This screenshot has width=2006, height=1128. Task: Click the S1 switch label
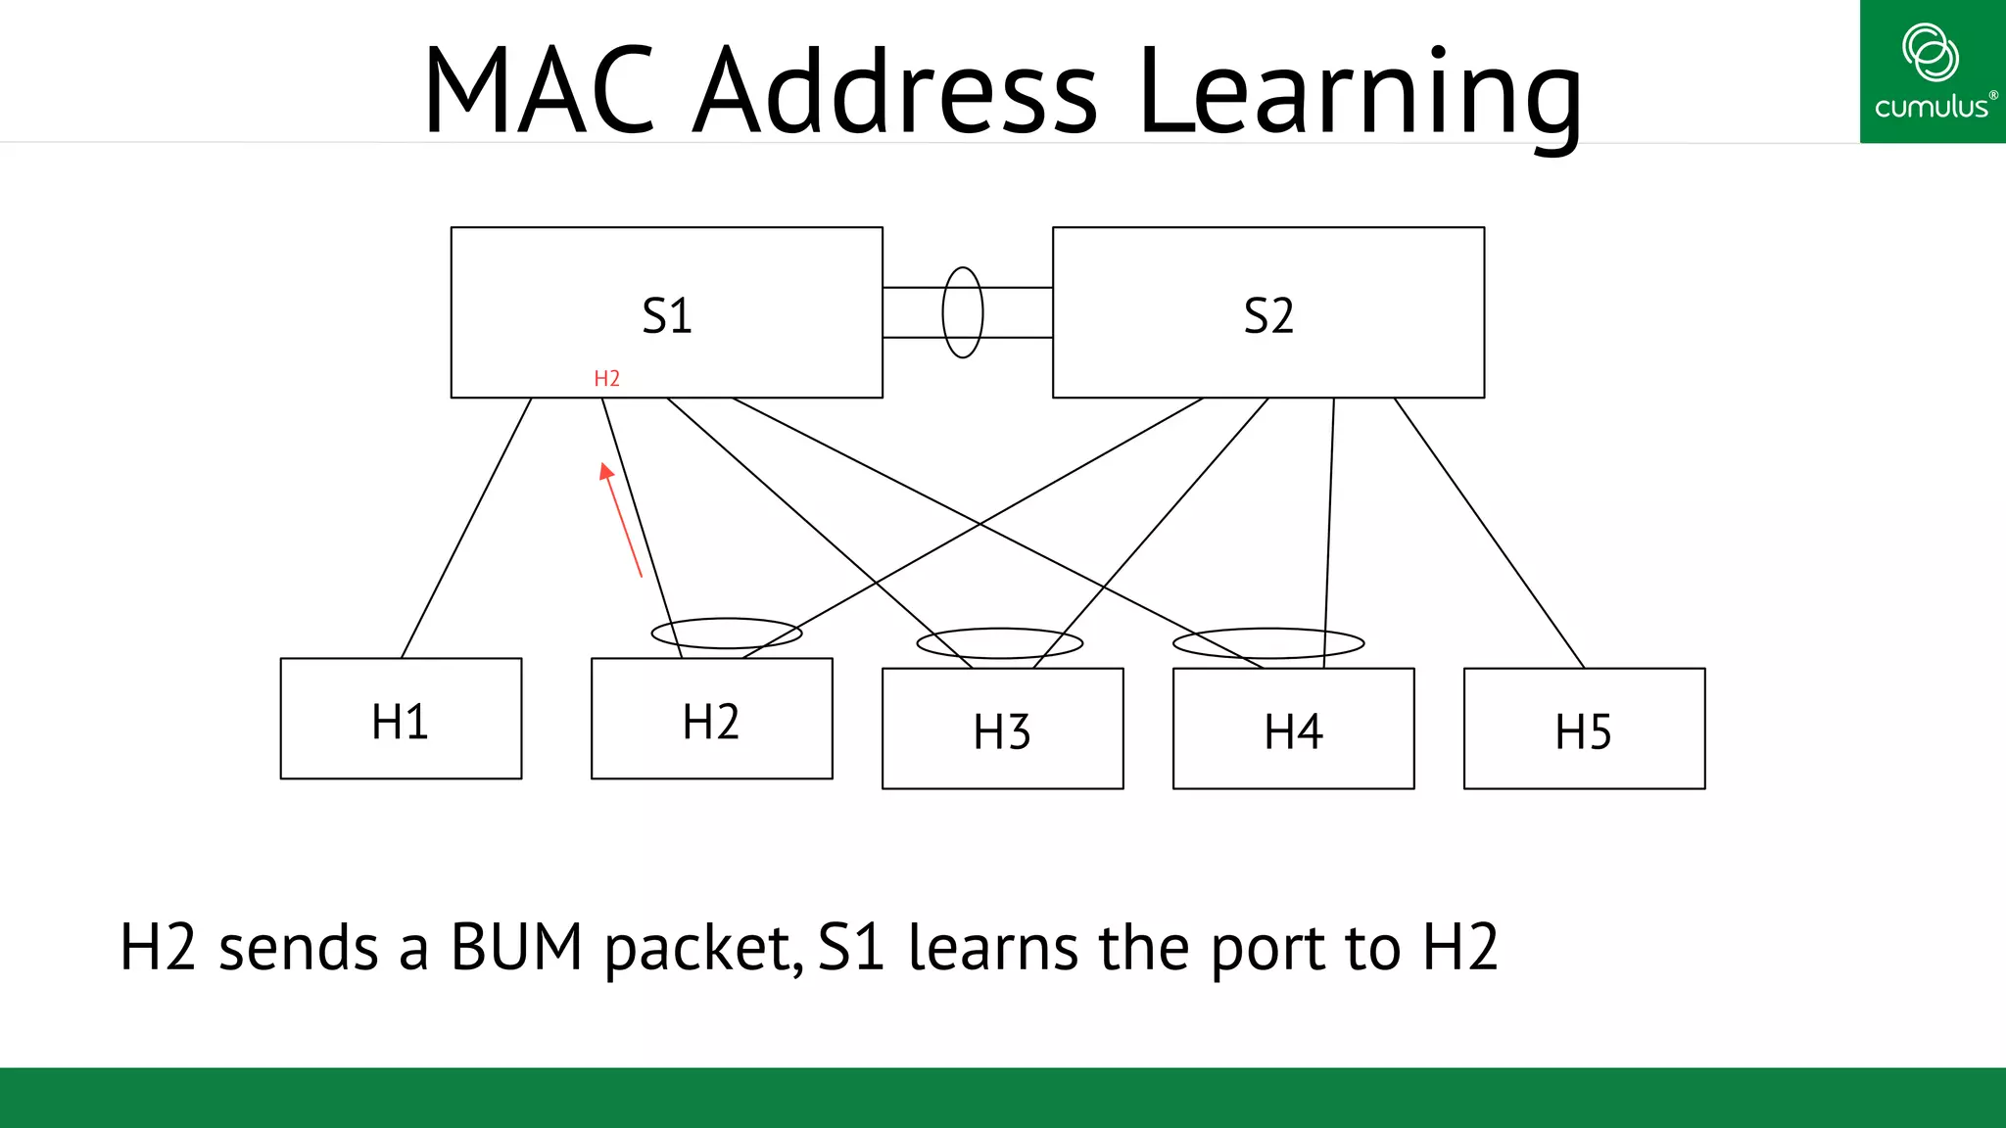(666, 316)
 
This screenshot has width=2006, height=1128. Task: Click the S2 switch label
(1267, 316)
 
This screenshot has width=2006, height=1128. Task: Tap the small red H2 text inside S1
(606, 379)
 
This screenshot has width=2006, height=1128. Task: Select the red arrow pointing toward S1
(622, 520)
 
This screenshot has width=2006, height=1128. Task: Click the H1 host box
(401, 719)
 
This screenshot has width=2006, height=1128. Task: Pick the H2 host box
(711, 720)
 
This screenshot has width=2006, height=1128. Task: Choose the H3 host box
(1002, 729)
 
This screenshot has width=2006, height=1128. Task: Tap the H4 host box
(1293, 729)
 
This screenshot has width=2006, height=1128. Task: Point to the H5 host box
(1584, 729)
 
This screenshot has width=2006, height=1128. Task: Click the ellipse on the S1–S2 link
(962, 311)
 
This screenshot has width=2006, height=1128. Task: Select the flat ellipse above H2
(726, 633)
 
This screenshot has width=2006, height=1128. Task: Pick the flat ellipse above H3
(999, 642)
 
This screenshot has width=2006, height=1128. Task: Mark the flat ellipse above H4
(1267, 642)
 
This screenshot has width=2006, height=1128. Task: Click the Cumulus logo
(1932, 71)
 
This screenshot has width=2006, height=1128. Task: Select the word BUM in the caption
(516, 948)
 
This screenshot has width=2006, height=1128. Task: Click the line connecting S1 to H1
(466, 528)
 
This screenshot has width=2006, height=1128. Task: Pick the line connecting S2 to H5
(1489, 533)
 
